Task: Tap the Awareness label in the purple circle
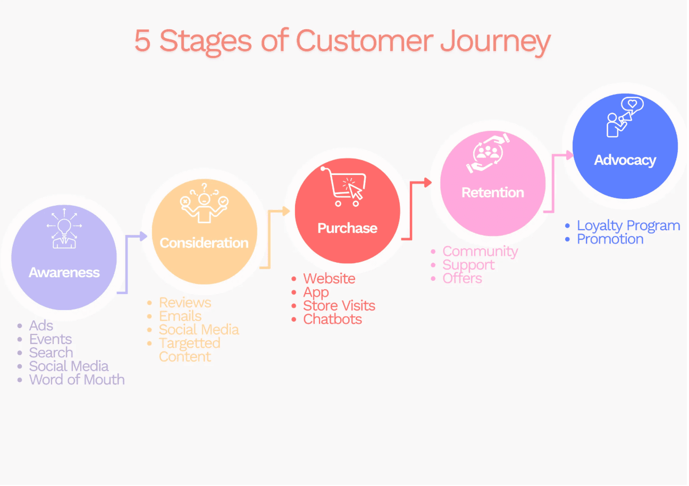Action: point(64,273)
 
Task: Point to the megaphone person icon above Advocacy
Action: point(624,118)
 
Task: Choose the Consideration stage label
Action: point(204,243)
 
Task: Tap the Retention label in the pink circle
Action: point(492,192)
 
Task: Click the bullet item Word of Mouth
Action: point(77,380)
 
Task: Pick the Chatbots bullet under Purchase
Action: point(332,319)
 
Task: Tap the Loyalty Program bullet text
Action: point(628,225)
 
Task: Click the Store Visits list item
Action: point(339,306)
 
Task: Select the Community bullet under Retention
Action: point(480,251)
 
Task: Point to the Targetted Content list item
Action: point(189,350)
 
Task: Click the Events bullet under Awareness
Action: point(51,339)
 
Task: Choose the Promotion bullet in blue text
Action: point(610,239)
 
